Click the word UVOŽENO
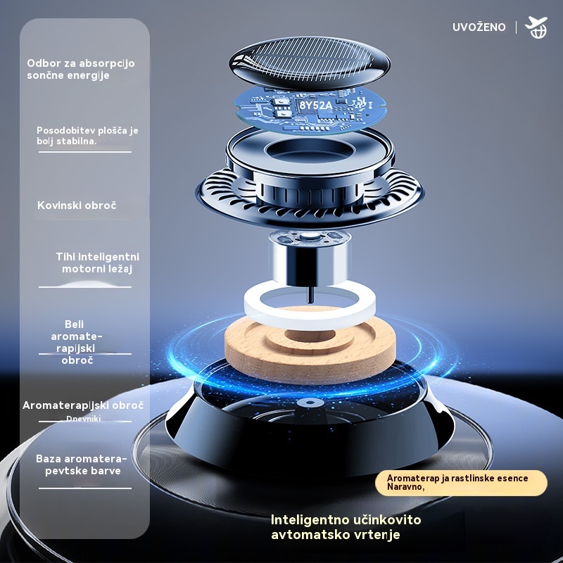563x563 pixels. point(479,27)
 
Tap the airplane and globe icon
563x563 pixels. point(536,27)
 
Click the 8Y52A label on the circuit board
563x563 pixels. point(315,105)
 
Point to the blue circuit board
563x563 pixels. point(310,110)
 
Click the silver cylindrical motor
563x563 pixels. point(309,258)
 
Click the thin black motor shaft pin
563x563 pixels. point(310,294)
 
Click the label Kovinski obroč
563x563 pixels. point(77,205)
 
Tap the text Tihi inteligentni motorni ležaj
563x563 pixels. point(97,262)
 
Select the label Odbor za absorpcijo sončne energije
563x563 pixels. point(81,69)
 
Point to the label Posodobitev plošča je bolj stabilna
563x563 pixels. point(87,135)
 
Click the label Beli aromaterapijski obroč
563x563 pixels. point(77,342)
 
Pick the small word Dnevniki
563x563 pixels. point(83,419)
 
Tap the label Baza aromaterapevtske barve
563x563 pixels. point(82,464)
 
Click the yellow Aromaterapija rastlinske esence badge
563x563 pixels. point(461,483)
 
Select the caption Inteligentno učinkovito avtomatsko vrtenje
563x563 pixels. point(346,526)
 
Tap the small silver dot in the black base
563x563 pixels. point(310,403)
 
